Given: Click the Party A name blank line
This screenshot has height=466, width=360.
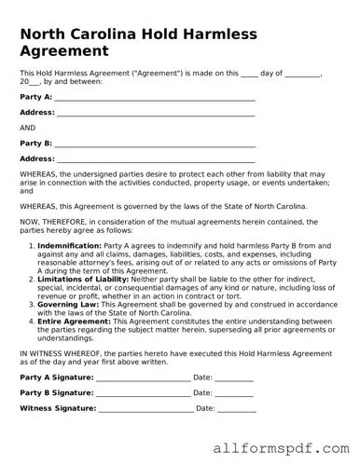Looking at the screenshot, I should click(155, 97).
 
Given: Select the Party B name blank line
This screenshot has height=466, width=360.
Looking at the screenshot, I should click(155, 144).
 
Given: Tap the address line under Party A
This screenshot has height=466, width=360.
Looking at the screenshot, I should click(156, 112).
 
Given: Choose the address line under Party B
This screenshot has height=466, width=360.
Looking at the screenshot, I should click(156, 158).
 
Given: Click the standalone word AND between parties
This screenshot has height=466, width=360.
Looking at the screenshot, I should click(28, 128).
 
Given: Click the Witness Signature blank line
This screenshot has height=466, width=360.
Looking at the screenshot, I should click(145, 408).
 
